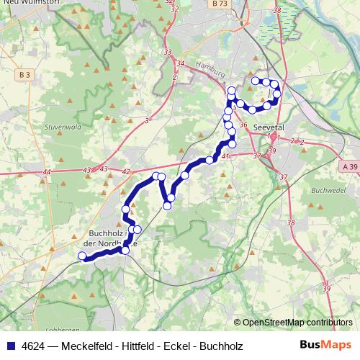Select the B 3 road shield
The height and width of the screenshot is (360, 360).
[25, 74]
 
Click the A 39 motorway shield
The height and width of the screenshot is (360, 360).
[350, 166]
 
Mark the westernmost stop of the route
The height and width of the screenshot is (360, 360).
[83, 256]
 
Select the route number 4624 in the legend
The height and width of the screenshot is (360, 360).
[32, 346]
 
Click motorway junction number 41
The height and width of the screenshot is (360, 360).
[225, 156]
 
